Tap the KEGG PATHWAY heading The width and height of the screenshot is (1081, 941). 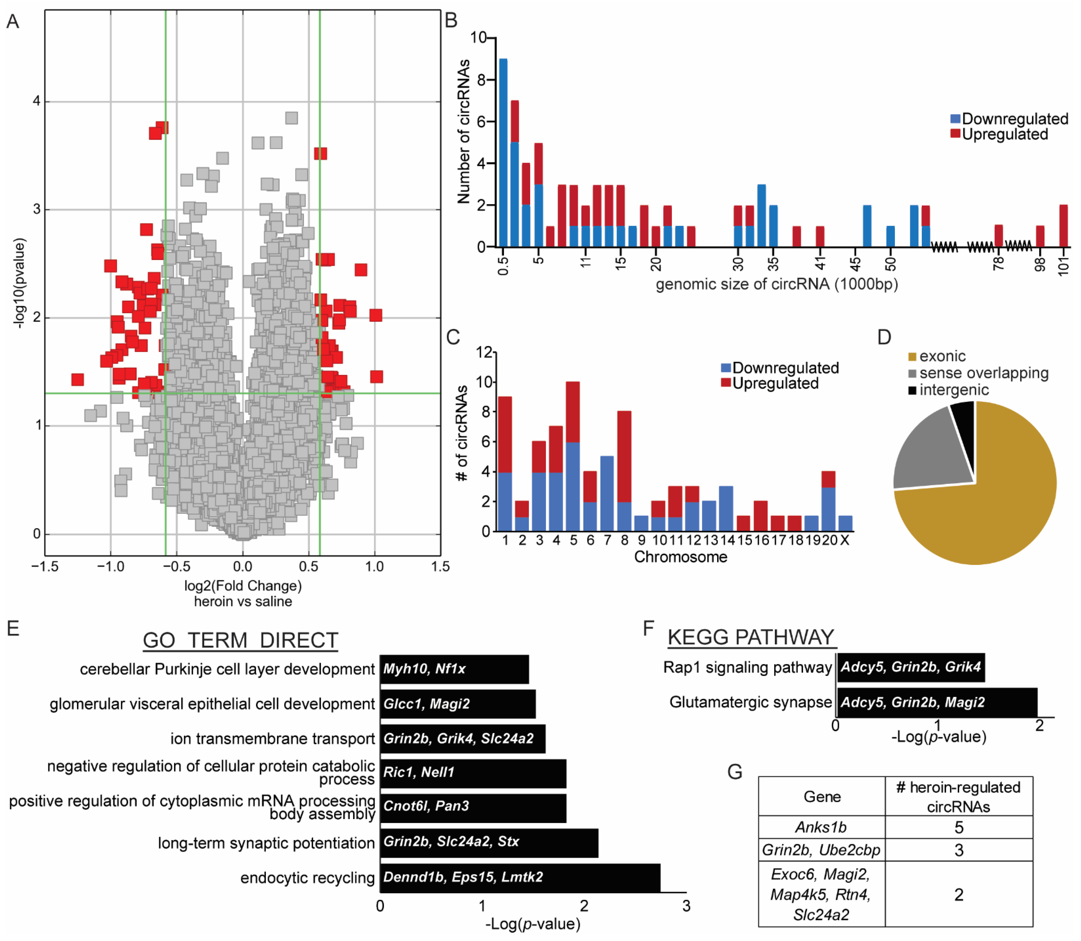click(x=751, y=638)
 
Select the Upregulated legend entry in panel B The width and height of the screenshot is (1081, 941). click(x=1004, y=134)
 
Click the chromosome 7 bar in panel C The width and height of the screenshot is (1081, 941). click(x=607, y=494)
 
